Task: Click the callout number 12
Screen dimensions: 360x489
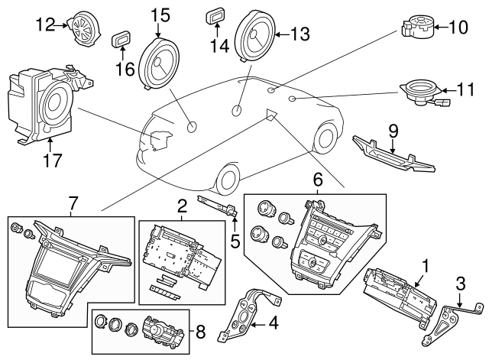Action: [46, 24]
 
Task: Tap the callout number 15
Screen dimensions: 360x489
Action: [160, 15]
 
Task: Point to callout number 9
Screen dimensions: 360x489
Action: [394, 131]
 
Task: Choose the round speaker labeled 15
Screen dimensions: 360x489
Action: [158, 63]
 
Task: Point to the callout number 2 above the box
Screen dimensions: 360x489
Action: [182, 205]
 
